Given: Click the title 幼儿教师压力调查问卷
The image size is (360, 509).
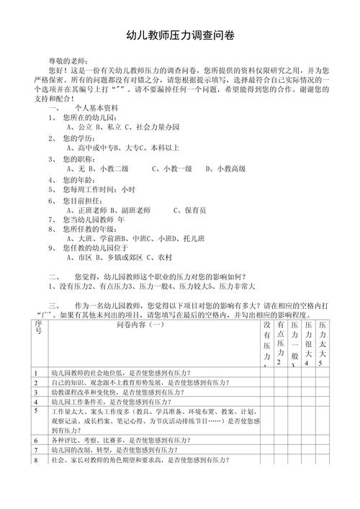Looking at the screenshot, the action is tap(180, 34).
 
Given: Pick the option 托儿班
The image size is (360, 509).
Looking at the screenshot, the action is tap(179, 236).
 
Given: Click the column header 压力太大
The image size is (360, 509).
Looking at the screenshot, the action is tap(322, 339).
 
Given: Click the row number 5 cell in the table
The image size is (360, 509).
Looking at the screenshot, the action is tap(35, 410).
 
